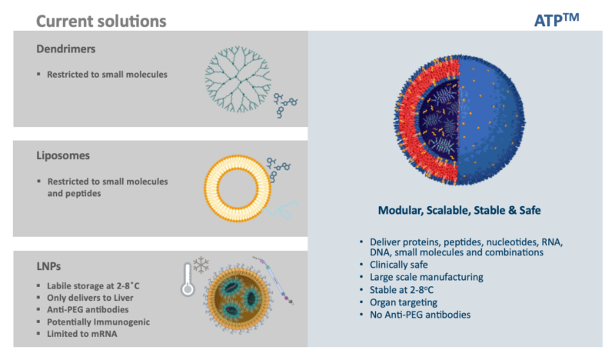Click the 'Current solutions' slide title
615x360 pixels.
click(101, 20)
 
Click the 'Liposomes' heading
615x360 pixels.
click(63, 155)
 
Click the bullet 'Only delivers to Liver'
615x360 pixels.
click(93, 298)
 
